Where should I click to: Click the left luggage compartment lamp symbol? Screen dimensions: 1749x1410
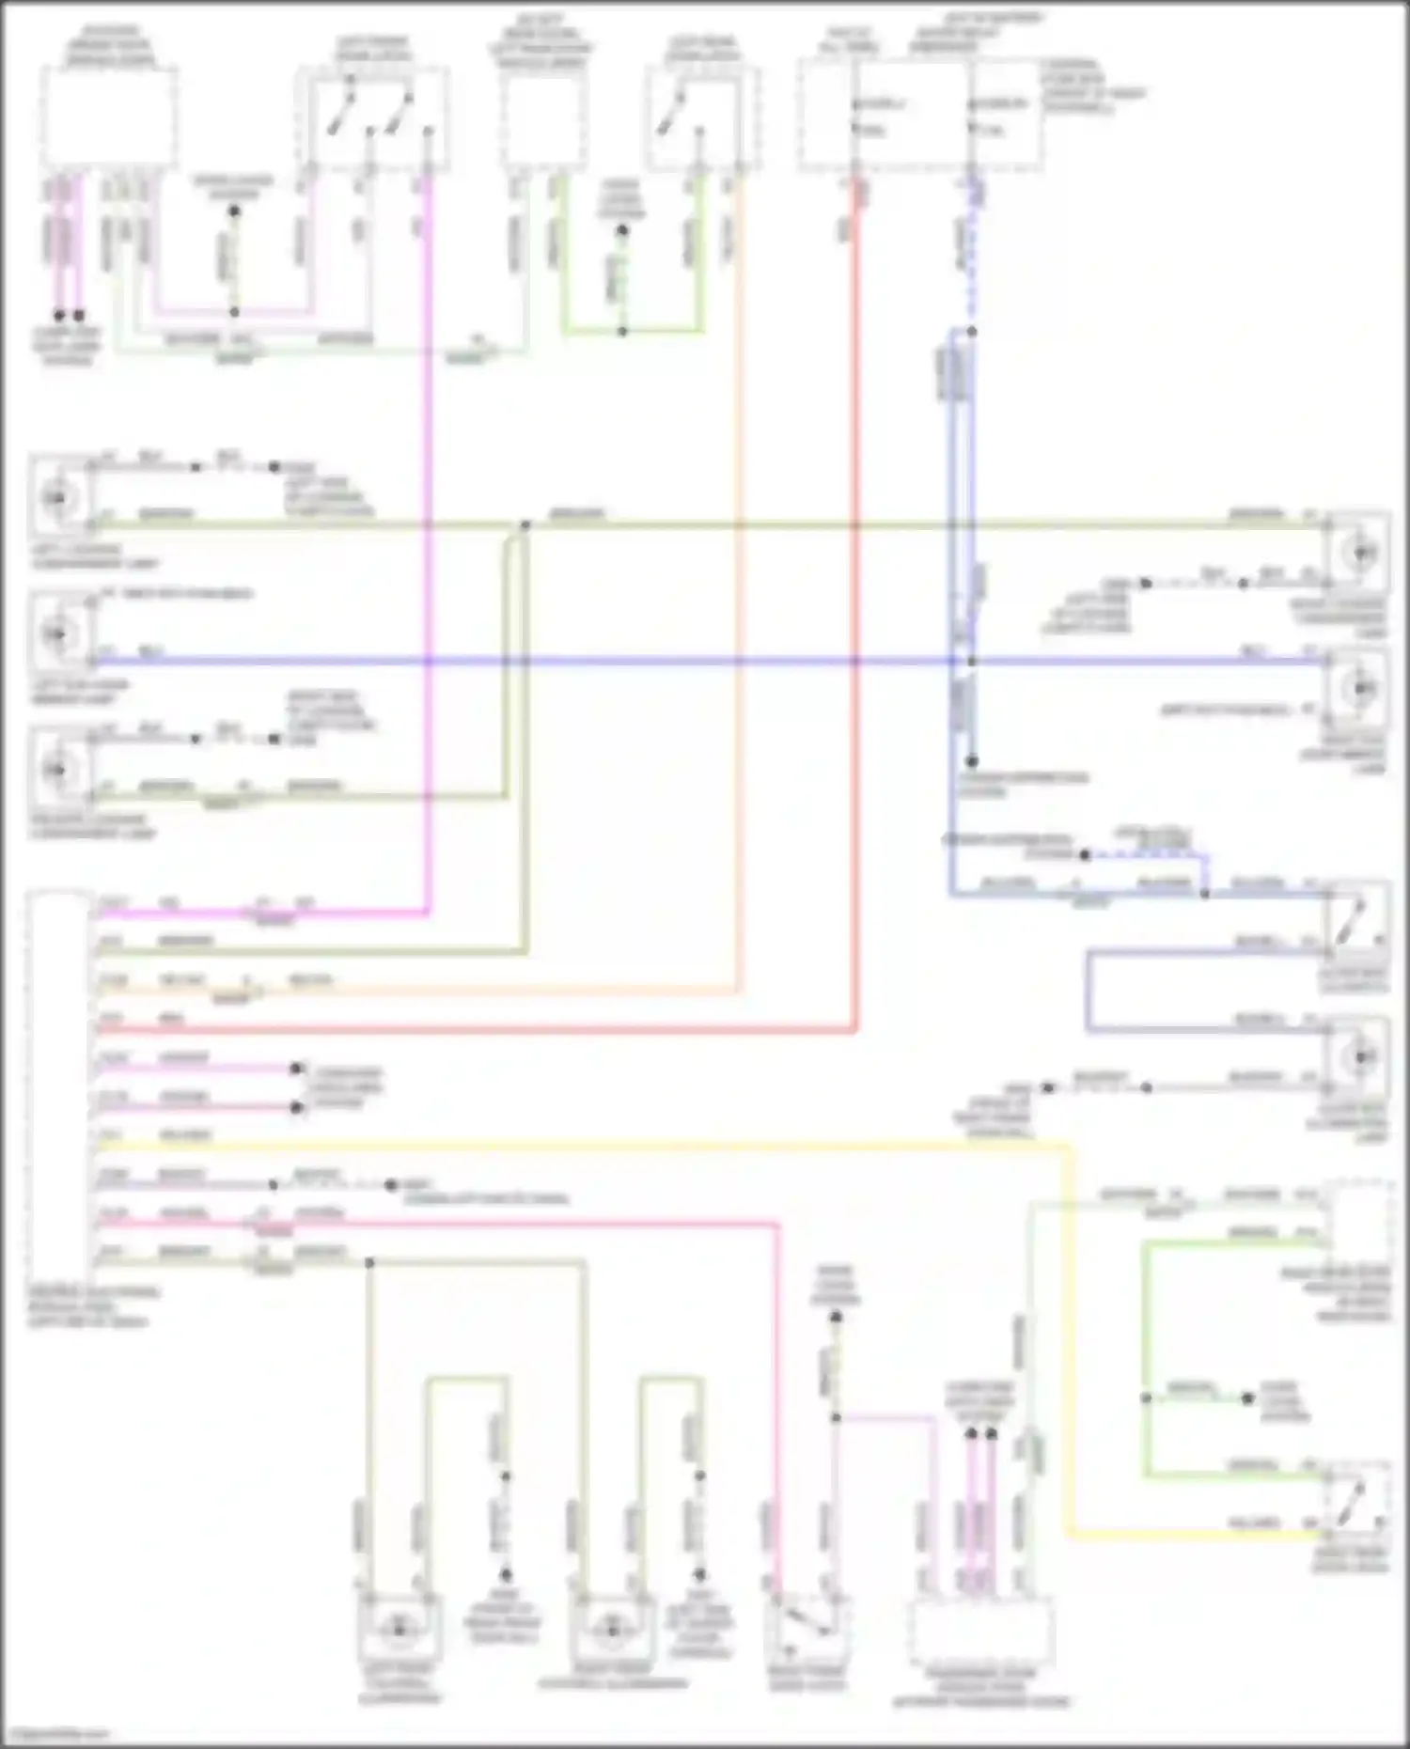(58, 496)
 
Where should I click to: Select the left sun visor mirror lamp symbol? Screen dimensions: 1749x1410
(58, 633)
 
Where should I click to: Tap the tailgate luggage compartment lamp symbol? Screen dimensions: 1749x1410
(58, 769)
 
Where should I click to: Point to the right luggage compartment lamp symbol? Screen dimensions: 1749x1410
(1359, 553)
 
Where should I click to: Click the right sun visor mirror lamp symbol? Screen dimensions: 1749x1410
(1359, 689)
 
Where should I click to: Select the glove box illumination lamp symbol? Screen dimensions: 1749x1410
(1359, 1058)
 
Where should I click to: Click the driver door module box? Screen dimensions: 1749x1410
(110, 117)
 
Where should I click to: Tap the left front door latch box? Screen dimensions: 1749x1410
(372, 117)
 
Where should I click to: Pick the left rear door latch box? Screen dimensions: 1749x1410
(702, 117)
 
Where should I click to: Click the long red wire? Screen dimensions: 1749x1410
(855, 658)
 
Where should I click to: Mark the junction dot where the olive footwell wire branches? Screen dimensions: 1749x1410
(369, 1262)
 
